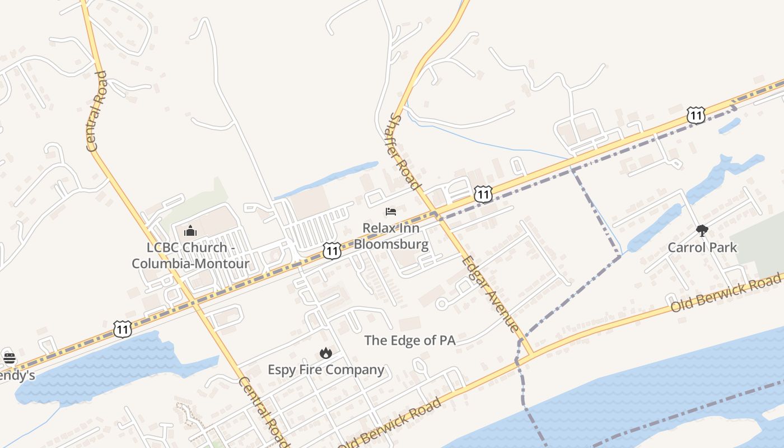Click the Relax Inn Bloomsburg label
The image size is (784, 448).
[391, 236]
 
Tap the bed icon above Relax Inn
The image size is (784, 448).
[391, 211]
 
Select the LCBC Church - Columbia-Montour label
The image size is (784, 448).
[190, 255]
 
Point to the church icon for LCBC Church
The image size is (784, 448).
[190, 230]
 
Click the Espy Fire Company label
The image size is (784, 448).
[326, 370]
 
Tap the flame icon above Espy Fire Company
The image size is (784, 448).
[326, 353]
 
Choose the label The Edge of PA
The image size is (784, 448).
[409, 340]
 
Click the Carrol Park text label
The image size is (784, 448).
[702, 247]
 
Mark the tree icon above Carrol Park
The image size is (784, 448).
[702, 230]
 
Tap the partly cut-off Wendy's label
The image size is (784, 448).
[16, 375]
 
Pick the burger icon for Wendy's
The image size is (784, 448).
[9, 358]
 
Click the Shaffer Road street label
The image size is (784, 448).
[404, 151]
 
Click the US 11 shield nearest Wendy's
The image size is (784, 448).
[123, 329]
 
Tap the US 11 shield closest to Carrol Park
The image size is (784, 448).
[695, 116]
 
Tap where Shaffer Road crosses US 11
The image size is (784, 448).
[436, 213]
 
